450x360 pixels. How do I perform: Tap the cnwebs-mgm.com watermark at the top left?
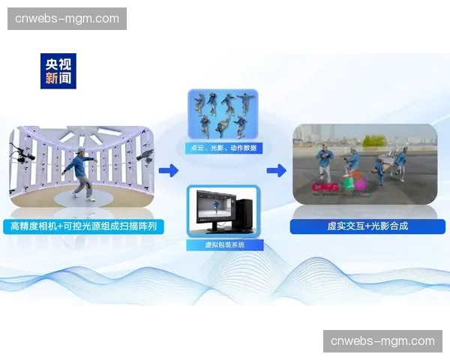[68, 18]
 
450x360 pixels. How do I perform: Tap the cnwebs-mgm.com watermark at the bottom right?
[382, 341]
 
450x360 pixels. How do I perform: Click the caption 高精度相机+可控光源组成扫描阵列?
[82, 226]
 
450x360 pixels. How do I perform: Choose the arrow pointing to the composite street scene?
[276, 171]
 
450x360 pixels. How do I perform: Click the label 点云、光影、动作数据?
[222, 148]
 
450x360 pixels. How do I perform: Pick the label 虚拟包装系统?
[222, 244]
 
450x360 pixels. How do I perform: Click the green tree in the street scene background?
[372, 140]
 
